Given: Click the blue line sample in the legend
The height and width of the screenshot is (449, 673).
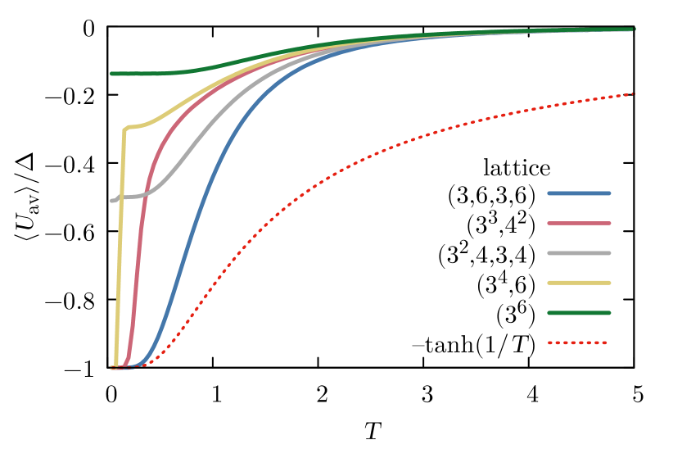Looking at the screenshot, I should pyautogui.click(x=579, y=193).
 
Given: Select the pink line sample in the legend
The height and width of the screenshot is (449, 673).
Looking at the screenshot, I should pyautogui.click(x=579, y=223).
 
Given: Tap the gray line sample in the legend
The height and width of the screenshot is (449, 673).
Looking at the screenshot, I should pyautogui.click(x=579, y=253).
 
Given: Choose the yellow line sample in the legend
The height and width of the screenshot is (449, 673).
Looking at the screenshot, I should pyautogui.click(x=579, y=283).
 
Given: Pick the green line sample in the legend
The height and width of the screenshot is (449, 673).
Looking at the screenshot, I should pyautogui.click(x=579, y=312).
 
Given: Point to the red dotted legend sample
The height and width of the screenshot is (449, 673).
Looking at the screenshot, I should pyautogui.click(x=577, y=342).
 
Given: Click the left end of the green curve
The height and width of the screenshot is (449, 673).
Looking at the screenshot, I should pyautogui.click(x=112, y=74).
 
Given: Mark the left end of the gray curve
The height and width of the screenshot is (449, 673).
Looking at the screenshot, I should pyautogui.click(x=112, y=201).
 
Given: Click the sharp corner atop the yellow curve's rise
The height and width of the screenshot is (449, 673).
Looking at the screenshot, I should pyautogui.click(x=124, y=129).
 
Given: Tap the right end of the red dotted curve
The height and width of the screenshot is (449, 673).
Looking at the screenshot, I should pyautogui.click(x=634, y=93).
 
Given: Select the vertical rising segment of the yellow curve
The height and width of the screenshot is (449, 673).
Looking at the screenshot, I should pyautogui.click(x=120, y=246).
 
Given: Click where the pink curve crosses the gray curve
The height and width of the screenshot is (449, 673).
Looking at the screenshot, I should pyautogui.click(x=145, y=194).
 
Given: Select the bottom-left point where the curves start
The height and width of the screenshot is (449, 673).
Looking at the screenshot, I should pyautogui.click(x=113, y=368).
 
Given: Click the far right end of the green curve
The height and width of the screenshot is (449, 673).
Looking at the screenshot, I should pyautogui.click(x=633, y=29).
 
